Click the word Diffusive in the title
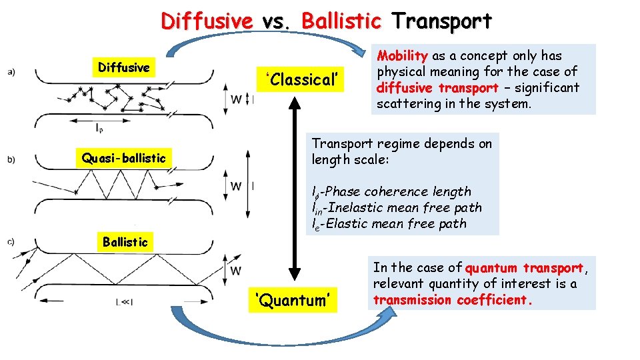tap(206, 21)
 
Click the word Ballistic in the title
tap(341, 21)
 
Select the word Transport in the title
tap(442, 21)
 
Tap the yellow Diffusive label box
tap(124, 67)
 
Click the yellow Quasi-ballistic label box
tap(123, 158)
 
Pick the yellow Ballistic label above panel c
tap(125, 242)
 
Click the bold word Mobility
tap(402, 56)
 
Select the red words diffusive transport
tap(437, 88)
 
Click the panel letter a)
tap(11, 71)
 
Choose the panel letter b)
tap(11, 159)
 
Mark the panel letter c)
tap(11, 242)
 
